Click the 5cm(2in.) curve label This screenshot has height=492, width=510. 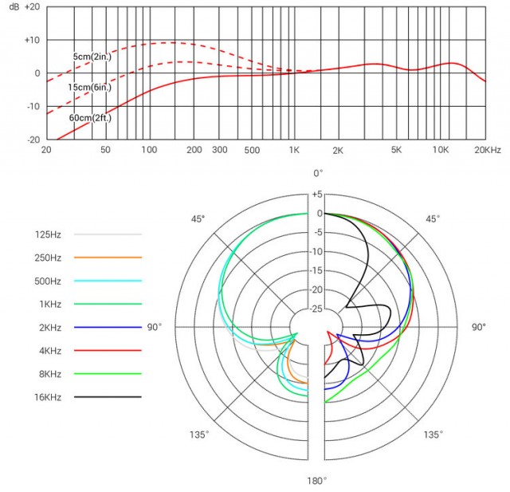92,57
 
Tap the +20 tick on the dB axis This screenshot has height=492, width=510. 32,6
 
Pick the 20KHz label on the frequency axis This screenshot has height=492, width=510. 487,150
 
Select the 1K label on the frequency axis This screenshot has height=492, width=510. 294,150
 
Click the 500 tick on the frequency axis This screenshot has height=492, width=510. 252,150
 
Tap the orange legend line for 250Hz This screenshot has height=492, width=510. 107,258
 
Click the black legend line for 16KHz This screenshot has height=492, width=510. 107,396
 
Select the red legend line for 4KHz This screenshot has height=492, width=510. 107,350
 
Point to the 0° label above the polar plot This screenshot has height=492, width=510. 317,173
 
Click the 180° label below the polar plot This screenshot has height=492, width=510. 317,481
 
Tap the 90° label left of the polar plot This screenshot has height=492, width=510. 154,327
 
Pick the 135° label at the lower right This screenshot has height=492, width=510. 433,435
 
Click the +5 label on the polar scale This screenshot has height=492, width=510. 316,195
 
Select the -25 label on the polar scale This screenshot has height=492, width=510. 316,309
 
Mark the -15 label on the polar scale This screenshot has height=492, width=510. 316,270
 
